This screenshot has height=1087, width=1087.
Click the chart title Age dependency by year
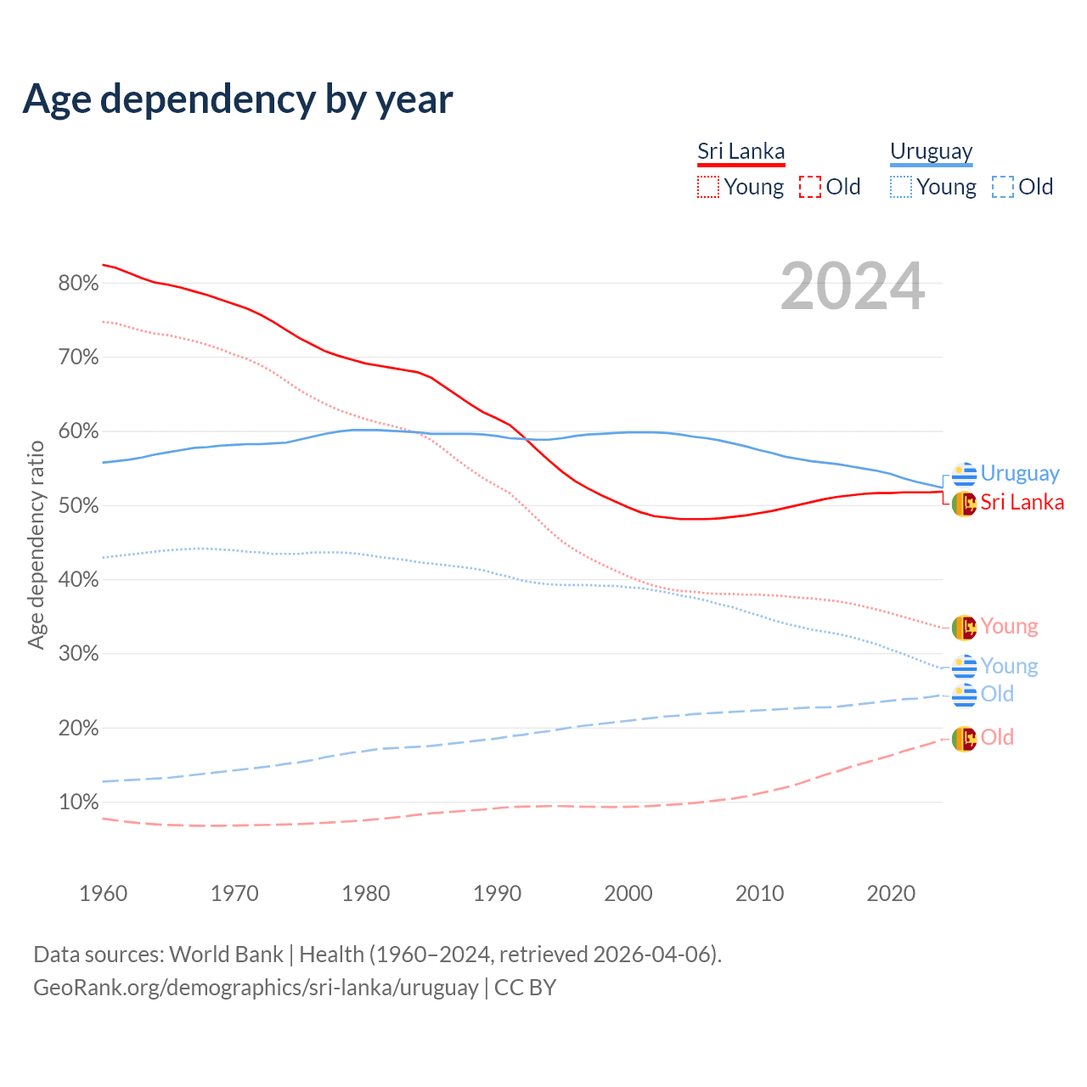[x=238, y=99]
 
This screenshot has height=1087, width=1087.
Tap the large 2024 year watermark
[x=853, y=287]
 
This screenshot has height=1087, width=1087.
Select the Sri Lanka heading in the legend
[x=741, y=151]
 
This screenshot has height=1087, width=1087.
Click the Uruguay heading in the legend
[x=931, y=151]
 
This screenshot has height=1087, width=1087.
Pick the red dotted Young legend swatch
[x=708, y=187]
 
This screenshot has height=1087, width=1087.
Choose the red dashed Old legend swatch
[x=810, y=187]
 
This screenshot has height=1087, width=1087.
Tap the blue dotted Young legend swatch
[x=901, y=187]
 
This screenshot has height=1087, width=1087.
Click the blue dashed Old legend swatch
[x=1003, y=187]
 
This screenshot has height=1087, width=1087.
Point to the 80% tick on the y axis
[x=78, y=284]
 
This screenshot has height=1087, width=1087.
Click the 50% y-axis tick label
[x=78, y=506]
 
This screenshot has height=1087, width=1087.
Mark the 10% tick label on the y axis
[x=78, y=803]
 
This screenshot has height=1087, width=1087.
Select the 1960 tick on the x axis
[x=103, y=893]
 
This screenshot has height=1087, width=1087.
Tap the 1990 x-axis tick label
[x=497, y=893]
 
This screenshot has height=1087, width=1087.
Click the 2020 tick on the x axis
[x=891, y=893]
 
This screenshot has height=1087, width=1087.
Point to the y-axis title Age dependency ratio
[x=36, y=544]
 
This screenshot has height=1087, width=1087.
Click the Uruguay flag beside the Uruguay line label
[x=964, y=474]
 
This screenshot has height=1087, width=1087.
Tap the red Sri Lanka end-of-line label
[x=1022, y=503]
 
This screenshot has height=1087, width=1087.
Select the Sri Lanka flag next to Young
[x=964, y=628]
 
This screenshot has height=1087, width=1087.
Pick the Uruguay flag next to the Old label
[x=964, y=695]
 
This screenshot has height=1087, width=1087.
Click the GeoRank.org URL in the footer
[x=256, y=988]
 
